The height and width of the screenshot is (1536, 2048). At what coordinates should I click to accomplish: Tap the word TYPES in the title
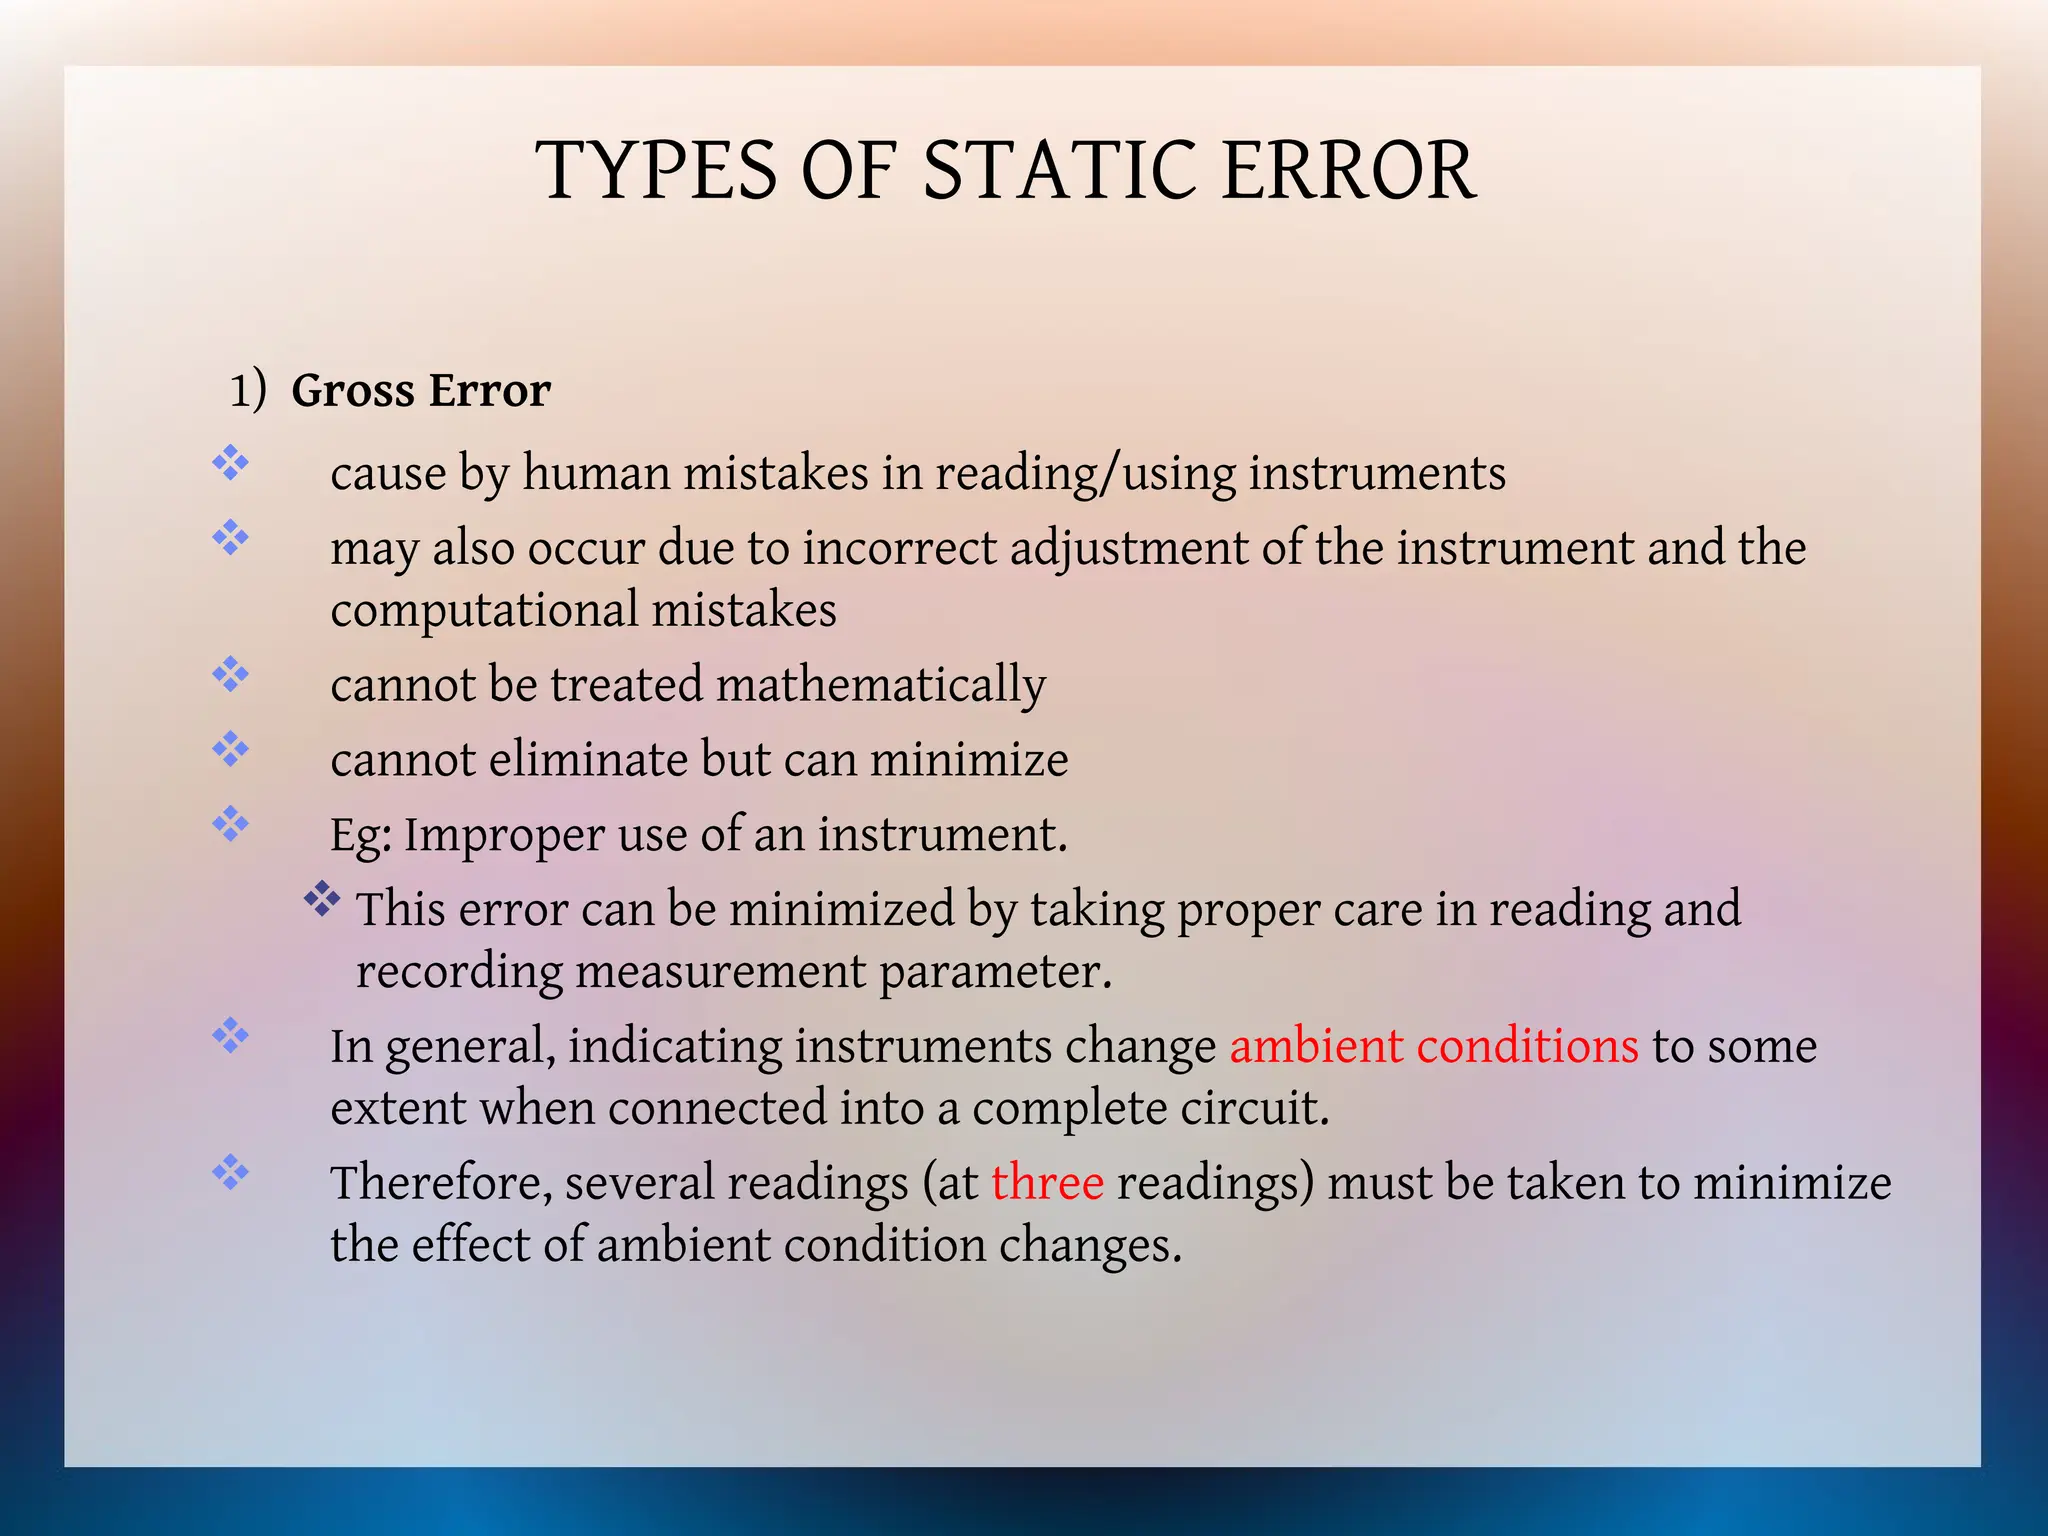(x=656, y=171)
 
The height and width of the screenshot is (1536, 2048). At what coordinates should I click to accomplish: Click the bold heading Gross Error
(x=420, y=390)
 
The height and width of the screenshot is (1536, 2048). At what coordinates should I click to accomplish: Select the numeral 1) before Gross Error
(x=247, y=390)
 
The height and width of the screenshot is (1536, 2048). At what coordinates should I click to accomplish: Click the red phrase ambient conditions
(x=1433, y=1046)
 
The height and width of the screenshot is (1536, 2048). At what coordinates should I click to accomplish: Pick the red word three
(x=1047, y=1183)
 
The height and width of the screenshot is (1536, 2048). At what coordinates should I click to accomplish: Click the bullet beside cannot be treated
(x=230, y=674)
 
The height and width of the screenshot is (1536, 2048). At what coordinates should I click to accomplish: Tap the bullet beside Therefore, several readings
(x=230, y=1172)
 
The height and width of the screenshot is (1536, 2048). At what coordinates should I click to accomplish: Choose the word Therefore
(x=441, y=1183)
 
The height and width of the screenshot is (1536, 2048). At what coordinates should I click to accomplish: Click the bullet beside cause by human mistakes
(x=230, y=463)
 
